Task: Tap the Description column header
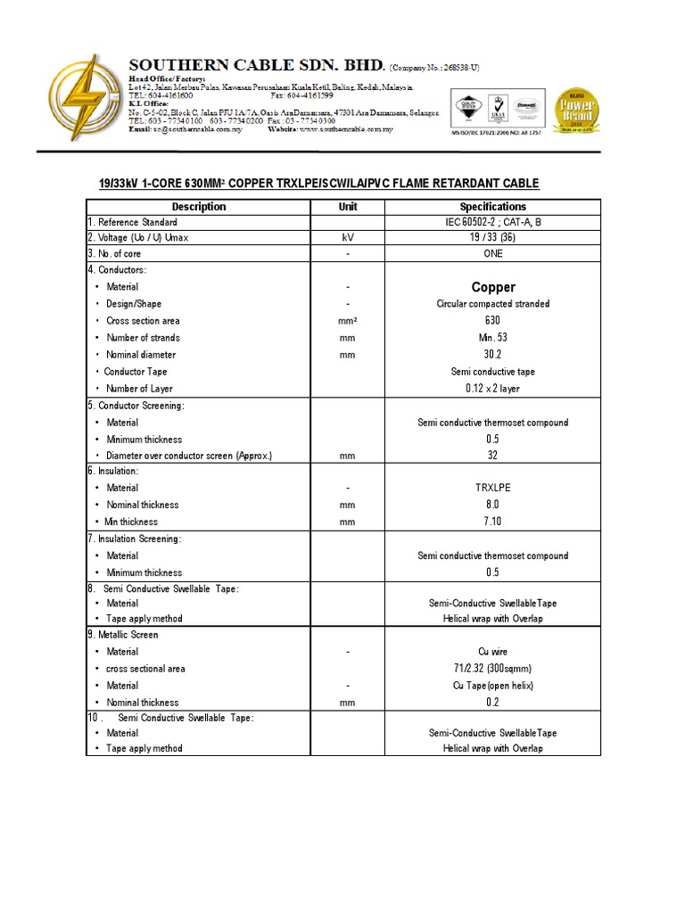198,207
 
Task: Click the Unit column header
347,207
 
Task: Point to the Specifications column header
493,207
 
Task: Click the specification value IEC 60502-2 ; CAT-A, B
493,222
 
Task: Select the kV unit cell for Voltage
347,238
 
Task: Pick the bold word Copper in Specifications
493,287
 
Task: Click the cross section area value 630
493,321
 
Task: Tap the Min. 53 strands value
493,338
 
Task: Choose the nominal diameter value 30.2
493,355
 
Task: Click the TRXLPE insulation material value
493,488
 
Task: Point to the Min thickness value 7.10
493,522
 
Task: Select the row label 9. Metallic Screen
123,635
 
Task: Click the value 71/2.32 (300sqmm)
493,669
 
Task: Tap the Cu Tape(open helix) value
493,686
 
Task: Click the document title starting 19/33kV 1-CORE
318,184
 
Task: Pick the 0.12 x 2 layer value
493,389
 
